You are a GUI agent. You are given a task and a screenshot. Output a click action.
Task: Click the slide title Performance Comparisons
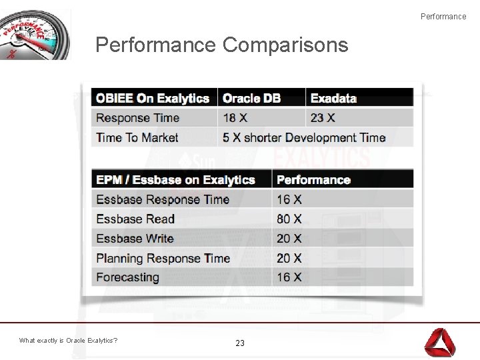(x=221, y=45)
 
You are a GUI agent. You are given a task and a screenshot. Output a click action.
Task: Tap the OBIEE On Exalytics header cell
(x=153, y=99)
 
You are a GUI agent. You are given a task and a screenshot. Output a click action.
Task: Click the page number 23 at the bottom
(x=240, y=343)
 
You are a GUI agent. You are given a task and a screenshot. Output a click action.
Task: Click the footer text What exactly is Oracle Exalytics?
(x=69, y=341)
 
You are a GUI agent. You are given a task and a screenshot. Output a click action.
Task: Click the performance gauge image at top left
(x=35, y=35)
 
